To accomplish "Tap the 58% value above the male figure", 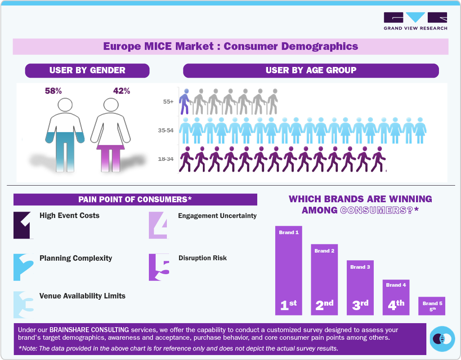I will click(x=53, y=91).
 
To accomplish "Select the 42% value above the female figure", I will click(x=121, y=91).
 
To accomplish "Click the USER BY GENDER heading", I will click(x=87, y=70).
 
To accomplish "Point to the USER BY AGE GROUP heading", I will click(x=311, y=70).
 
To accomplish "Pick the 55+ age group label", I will click(x=168, y=102).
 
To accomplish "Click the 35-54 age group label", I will click(x=166, y=131).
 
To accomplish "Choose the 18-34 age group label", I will click(x=166, y=159).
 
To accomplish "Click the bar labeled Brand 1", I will click(x=289, y=270).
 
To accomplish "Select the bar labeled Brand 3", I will click(x=360, y=287).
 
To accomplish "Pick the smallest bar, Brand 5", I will click(x=432, y=306).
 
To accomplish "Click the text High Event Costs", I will click(x=69, y=216).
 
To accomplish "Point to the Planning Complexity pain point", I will click(x=76, y=258).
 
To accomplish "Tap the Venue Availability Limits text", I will click(x=82, y=296).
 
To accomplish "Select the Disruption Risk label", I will click(x=202, y=258).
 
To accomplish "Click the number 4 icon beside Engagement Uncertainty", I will click(x=160, y=224).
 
